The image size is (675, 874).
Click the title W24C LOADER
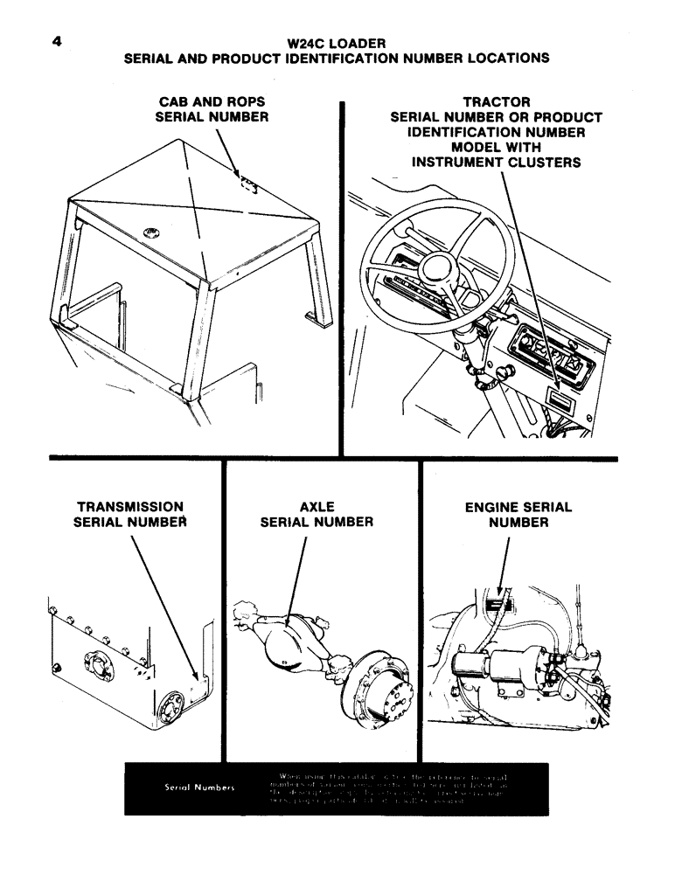pos(337,42)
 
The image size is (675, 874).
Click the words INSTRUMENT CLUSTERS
pos(496,163)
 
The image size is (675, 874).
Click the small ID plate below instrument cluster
pos(557,400)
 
